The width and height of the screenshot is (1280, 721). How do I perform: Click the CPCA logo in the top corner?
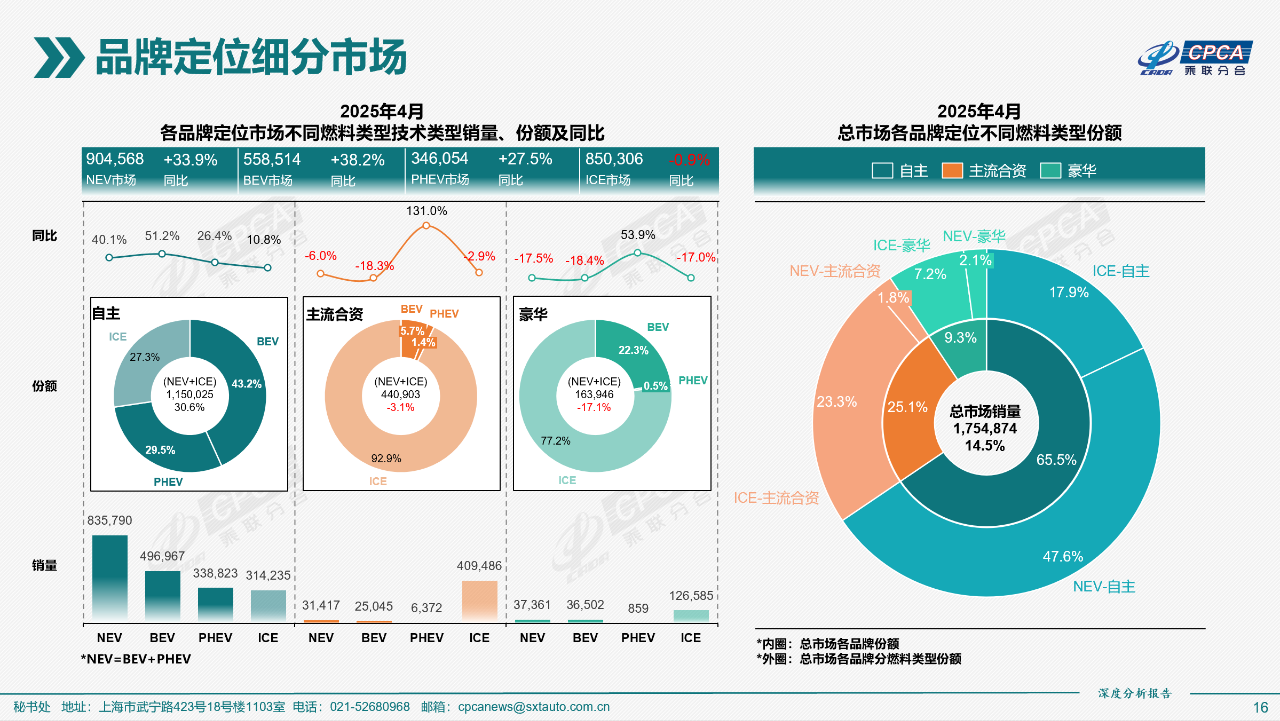point(1195,59)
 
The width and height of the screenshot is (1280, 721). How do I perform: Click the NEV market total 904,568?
point(115,159)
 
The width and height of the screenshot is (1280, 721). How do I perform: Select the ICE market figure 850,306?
point(615,159)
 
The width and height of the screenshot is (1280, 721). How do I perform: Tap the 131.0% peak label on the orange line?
point(427,211)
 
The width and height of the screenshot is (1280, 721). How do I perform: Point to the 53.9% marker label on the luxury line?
point(638,235)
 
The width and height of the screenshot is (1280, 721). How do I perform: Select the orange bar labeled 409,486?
point(479,600)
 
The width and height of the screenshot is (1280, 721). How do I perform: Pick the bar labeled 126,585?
point(691,615)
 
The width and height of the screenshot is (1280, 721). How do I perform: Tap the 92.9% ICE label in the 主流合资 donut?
point(385,458)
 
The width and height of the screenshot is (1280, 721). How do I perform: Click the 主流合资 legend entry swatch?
point(952,171)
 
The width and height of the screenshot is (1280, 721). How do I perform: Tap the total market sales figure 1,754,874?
point(985,428)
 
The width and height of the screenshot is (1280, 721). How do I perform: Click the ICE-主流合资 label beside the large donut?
point(777,497)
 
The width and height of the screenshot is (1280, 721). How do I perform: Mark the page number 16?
point(1260,707)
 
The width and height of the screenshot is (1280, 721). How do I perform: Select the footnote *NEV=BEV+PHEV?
point(135,659)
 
